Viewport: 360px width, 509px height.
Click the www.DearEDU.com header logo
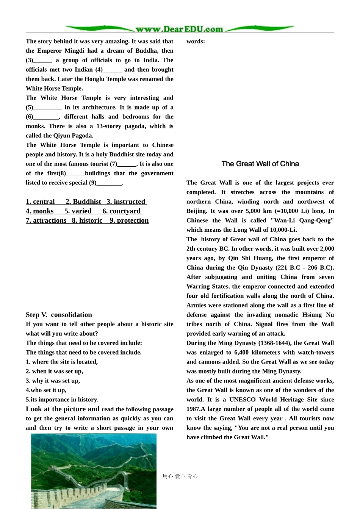coord(180,29)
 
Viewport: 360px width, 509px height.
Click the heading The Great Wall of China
coord(260,164)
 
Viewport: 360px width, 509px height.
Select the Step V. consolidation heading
coord(59,315)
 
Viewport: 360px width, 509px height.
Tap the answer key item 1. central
coord(40,201)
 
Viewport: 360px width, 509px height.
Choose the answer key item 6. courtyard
coord(121,211)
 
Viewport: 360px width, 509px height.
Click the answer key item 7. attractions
coord(46,220)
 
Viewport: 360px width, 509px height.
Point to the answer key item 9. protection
coord(129,220)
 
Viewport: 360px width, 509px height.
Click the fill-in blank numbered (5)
coord(47,108)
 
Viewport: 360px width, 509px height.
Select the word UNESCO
coord(243,400)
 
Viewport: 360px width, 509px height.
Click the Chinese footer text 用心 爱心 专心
coord(180,476)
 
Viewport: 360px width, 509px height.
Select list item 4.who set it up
coord(46,390)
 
